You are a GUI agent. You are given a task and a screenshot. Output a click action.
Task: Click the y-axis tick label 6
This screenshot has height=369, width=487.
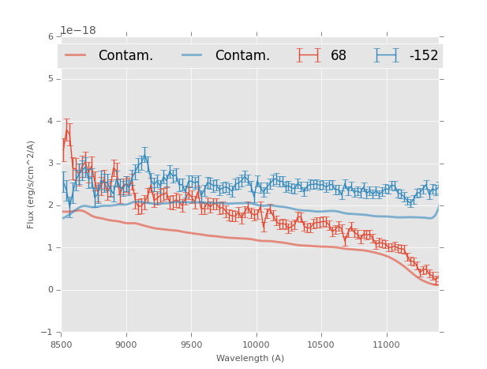[51, 36]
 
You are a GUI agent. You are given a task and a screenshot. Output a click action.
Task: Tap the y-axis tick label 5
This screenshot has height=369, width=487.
[51, 79]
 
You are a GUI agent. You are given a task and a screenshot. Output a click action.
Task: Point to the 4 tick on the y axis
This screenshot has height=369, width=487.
[51, 121]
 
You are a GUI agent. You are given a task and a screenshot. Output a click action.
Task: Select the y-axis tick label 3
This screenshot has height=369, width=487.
[51, 164]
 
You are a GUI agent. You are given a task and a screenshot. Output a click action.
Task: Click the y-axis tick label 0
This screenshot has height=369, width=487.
[51, 290]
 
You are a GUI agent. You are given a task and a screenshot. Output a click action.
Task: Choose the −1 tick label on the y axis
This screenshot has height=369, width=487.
[48, 333]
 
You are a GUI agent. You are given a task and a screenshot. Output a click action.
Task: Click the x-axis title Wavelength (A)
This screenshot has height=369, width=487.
[250, 358]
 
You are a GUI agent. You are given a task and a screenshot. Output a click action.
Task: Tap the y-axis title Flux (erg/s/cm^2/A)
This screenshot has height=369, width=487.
[32, 185]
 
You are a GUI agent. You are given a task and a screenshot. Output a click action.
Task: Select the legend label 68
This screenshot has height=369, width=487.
[339, 56]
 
